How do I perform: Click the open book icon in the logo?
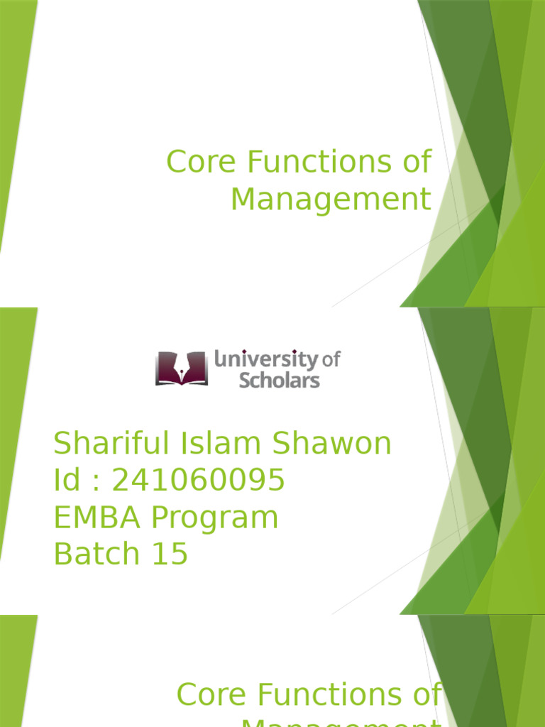point(182,368)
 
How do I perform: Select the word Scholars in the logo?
point(279,380)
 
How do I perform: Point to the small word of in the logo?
point(331,360)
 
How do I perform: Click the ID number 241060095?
point(199,481)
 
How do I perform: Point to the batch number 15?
point(171,554)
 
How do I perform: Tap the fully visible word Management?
point(331,199)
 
